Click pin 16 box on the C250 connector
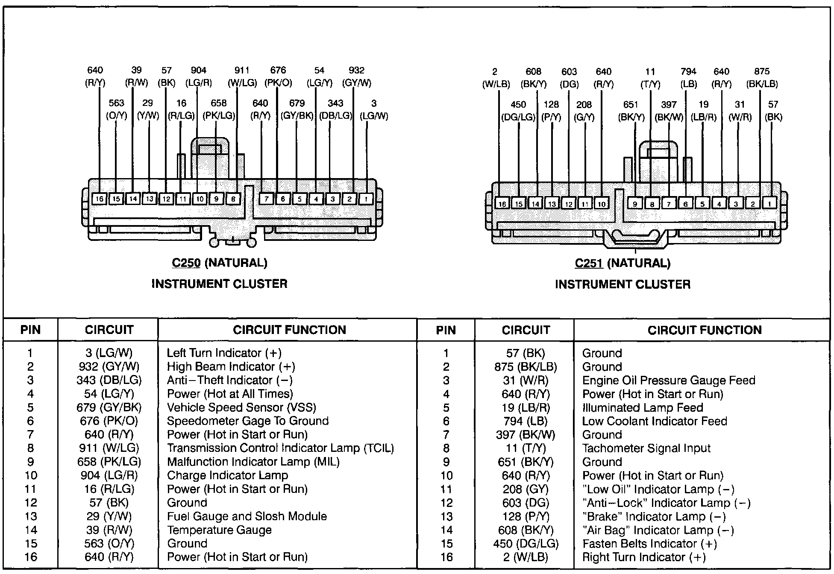coord(99,199)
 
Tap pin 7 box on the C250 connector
coord(266,199)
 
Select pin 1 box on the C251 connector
coord(769,204)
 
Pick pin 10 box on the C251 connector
coord(602,204)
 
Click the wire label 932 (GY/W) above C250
coord(356,76)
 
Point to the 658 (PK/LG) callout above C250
coord(218,109)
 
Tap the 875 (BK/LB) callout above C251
coord(762,78)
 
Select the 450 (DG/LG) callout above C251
coord(518,111)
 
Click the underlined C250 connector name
coord(186,263)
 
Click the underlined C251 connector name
coord(589,264)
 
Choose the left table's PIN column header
coord(30,330)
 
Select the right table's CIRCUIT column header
coord(526,330)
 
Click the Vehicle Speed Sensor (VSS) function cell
coord(242,407)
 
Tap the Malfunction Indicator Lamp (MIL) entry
coord(253,462)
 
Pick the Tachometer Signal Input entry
coord(646,448)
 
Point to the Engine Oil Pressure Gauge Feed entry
coord(668,380)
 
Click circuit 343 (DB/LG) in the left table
coord(109,380)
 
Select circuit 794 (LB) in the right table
coord(525,421)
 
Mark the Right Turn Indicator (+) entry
coord(644,557)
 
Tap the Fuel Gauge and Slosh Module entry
coord(247,516)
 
